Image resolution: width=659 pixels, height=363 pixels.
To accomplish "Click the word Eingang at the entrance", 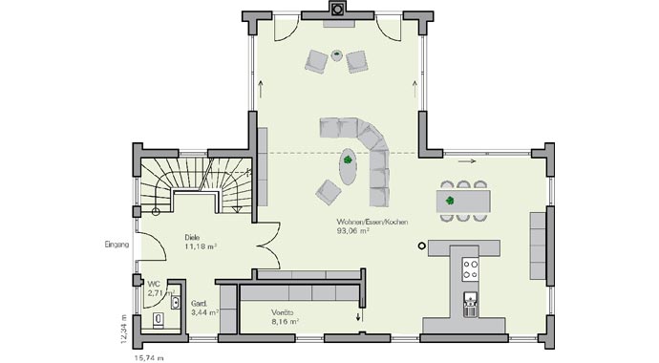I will (x=116, y=245).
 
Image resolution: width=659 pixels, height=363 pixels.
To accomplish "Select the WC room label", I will (x=153, y=284).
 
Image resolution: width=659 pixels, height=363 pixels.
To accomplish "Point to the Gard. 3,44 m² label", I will (x=204, y=307).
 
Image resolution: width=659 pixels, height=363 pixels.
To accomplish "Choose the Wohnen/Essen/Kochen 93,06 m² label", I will (x=372, y=225).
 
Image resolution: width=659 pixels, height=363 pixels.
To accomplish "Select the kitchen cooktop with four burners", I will (x=469, y=268).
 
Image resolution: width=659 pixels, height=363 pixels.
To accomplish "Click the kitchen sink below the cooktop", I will (x=469, y=305).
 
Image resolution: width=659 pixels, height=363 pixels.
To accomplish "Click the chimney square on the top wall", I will (x=336, y=11).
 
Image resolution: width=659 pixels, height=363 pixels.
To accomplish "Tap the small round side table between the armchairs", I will (x=336, y=54).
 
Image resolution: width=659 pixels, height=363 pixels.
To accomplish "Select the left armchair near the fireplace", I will (x=316, y=62).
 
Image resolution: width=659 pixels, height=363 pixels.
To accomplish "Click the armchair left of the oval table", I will (x=328, y=191).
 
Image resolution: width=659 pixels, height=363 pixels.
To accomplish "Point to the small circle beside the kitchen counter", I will (x=422, y=246).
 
